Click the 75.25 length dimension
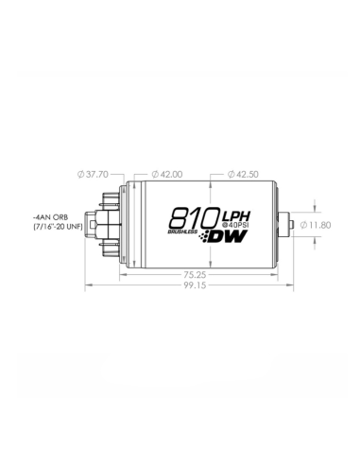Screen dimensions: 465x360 coord(195,275)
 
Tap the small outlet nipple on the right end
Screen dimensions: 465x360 coord(294,225)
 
